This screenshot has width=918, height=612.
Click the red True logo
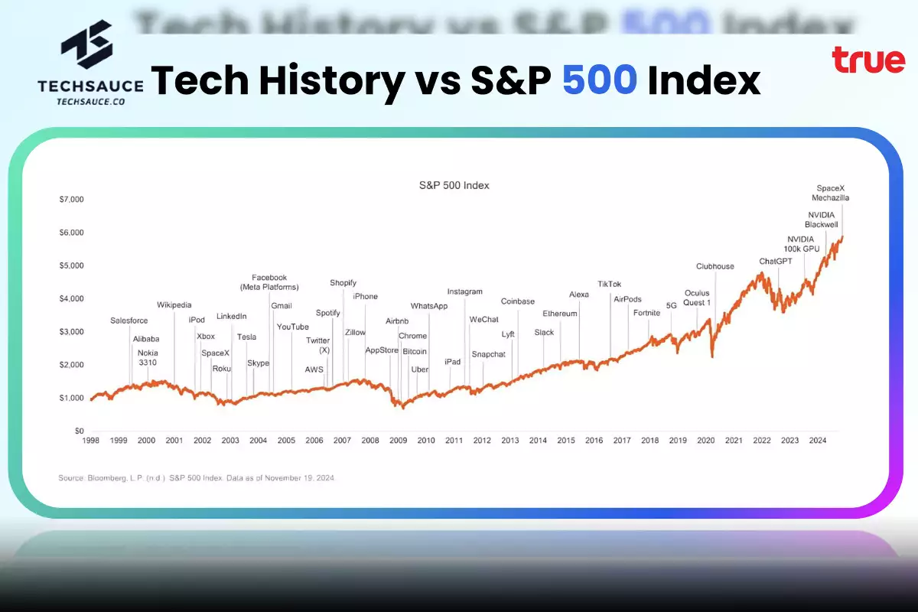point(868,60)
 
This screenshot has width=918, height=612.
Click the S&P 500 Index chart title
point(454,185)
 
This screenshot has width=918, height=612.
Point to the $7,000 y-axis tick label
point(71,200)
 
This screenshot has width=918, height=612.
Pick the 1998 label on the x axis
point(90,441)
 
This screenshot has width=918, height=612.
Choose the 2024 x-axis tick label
point(817,441)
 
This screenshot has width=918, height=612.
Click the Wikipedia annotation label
point(174,305)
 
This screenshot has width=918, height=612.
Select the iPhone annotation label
point(365,297)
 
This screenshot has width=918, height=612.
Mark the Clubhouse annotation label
point(715,267)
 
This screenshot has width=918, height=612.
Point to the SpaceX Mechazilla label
point(830,193)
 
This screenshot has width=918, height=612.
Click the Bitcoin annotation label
point(415,352)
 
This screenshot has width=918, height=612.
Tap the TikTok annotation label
point(609,285)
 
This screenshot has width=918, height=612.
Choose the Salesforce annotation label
point(129,321)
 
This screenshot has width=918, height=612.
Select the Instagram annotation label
point(465,291)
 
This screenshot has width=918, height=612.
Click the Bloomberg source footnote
point(196,478)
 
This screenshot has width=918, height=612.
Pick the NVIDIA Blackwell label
point(822,220)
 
